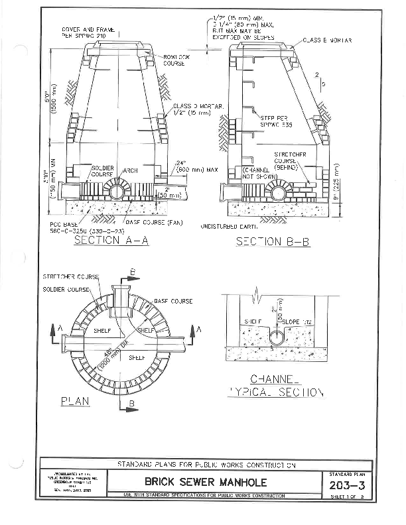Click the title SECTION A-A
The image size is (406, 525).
click(x=111, y=241)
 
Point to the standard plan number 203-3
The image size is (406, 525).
click(x=347, y=487)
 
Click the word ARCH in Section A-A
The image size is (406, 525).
click(x=130, y=170)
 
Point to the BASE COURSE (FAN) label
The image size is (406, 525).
click(x=155, y=222)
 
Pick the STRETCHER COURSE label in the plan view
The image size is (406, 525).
click(x=70, y=276)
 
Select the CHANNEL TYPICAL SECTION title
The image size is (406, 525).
click(x=276, y=386)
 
